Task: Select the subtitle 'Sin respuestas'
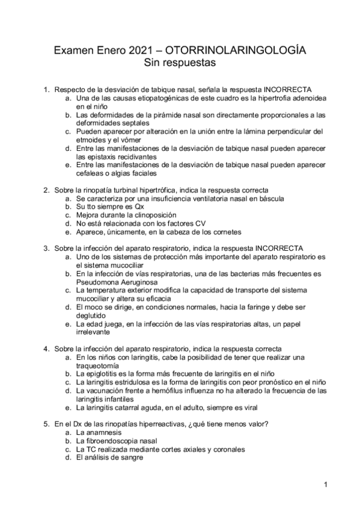coord(180,62)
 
